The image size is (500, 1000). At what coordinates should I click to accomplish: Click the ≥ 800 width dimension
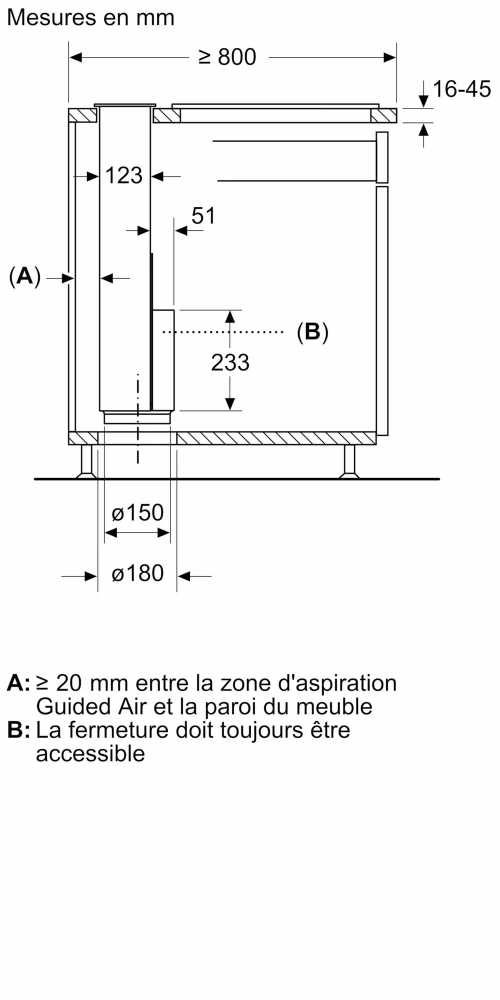point(227,57)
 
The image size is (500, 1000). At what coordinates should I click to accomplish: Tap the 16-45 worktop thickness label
point(461,89)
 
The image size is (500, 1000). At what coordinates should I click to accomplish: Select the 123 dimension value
point(124,175)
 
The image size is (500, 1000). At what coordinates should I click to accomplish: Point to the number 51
point(203,216)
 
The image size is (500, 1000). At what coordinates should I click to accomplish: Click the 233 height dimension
point(230,362)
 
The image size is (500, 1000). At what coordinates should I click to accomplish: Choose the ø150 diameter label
point(137,512)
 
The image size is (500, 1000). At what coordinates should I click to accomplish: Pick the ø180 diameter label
point(137,573)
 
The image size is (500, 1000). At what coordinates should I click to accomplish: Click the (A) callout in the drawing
point(24,276)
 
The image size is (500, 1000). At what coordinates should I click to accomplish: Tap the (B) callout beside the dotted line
point(312,331)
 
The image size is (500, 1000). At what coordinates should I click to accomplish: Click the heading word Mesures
point(52,17)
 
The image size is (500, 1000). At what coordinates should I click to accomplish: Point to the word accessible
point(90,753)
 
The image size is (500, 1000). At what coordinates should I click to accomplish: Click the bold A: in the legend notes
point(18,683)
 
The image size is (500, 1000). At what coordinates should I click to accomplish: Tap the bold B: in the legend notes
point(18,730)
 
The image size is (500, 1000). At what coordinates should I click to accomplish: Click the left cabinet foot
point(86,461)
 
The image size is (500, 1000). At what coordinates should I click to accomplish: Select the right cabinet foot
point(349,461)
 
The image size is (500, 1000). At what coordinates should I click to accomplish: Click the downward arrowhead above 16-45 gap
point(423,101)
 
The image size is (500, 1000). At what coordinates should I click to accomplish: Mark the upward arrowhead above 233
point(230,316)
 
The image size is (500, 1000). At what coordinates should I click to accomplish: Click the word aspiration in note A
point(337,683)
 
